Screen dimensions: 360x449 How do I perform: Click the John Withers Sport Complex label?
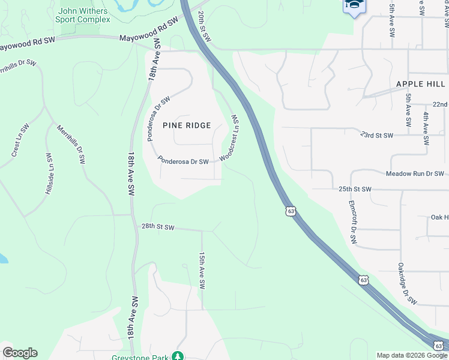click(84, 15)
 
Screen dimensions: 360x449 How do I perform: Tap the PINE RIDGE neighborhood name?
click(187, 125)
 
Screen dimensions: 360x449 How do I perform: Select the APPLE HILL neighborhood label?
click(418, 84)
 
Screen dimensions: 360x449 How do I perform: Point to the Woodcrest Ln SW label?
click(231, 139)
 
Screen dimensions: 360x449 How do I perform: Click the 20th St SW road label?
click(205, 26)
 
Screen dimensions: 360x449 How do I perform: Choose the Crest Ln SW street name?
click(20, 141)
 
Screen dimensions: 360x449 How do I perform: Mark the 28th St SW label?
click(158, 227)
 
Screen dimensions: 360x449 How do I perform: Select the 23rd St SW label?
click(376, 135)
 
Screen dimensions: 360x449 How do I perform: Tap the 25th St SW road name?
click(355, 189)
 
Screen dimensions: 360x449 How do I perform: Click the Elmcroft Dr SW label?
click(352, 223)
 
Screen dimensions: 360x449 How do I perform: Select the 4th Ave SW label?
click(426, 128)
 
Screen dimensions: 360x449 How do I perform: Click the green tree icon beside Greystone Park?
click(177, 356)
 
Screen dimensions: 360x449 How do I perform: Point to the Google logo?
click(20, 353)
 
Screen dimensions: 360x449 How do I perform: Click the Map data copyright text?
click(411, 355)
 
